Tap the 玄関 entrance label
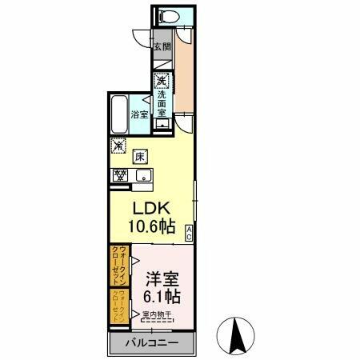tap(162, 46)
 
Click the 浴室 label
tap(139, 114)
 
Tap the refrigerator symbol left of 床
tap(118, 146)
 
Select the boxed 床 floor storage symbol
tap(138, 156)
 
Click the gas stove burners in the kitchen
tap(121, 175)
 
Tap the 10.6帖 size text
tap(153, 226)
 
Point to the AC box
tap(189, 233)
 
